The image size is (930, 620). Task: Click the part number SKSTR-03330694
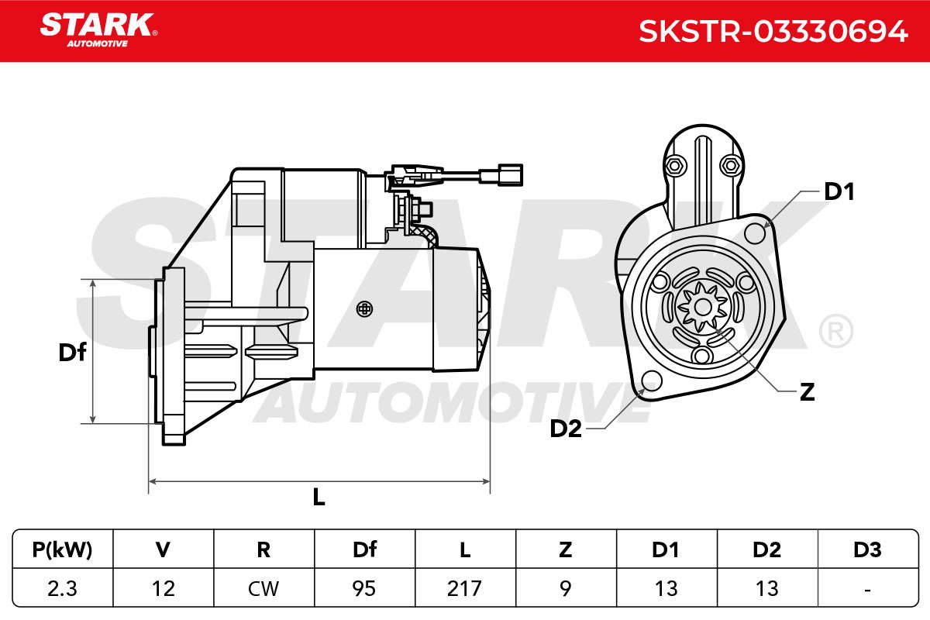[x=773, y=32]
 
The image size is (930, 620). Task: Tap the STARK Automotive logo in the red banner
[x=98, y=30]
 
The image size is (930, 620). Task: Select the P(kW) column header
[x=62, y=549]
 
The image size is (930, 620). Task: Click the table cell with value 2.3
[x=62, y=588]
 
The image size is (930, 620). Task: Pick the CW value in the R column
[x=263, y=588]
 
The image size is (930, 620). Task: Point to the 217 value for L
[x=464, y=588]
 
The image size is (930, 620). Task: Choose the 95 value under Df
[x=364, y=588]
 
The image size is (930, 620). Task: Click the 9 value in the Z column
[x=566, y=588]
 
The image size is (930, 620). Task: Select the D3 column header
[x=867, y=549]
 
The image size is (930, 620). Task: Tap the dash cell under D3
[x=867, y=589]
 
